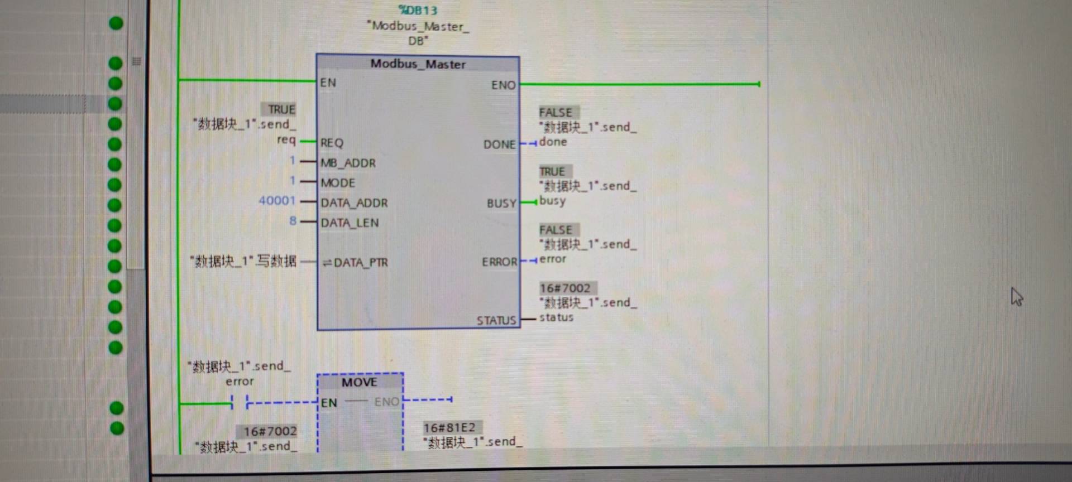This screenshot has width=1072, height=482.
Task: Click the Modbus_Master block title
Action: tap(418, 64)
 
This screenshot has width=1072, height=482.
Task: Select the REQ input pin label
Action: tap(332, 143)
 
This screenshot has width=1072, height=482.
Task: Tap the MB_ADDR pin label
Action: tap(348, 163)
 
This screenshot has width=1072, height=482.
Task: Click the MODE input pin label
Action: tap(338, 183)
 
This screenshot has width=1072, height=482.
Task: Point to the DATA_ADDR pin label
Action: tap(354, 203)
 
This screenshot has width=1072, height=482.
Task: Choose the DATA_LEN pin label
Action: tap(350, 223)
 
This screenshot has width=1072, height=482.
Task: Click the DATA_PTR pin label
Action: tap(360, 263)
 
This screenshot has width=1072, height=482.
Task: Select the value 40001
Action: tap(277, 201)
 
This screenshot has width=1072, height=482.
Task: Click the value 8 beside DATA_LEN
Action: tap(293, 221)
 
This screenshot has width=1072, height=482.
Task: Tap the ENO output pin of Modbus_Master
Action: tap(503, 85)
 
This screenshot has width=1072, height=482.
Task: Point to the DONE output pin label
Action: tap(499, 144)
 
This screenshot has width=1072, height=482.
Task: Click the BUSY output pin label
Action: tap(501, 204)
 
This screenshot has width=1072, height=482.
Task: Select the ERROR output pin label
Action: tap(499, 262)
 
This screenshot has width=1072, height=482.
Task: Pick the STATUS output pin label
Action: tap(496, 321)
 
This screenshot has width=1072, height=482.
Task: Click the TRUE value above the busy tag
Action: tap(552, 172)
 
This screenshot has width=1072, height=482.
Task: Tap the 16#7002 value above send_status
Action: tap(565, 288)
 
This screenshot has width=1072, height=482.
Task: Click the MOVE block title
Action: tap(360, 383)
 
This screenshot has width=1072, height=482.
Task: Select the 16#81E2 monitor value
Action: tap(449, 428)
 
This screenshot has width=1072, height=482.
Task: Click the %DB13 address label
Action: tap(418, 10)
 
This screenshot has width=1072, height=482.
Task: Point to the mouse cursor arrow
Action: tap(1016, 296)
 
